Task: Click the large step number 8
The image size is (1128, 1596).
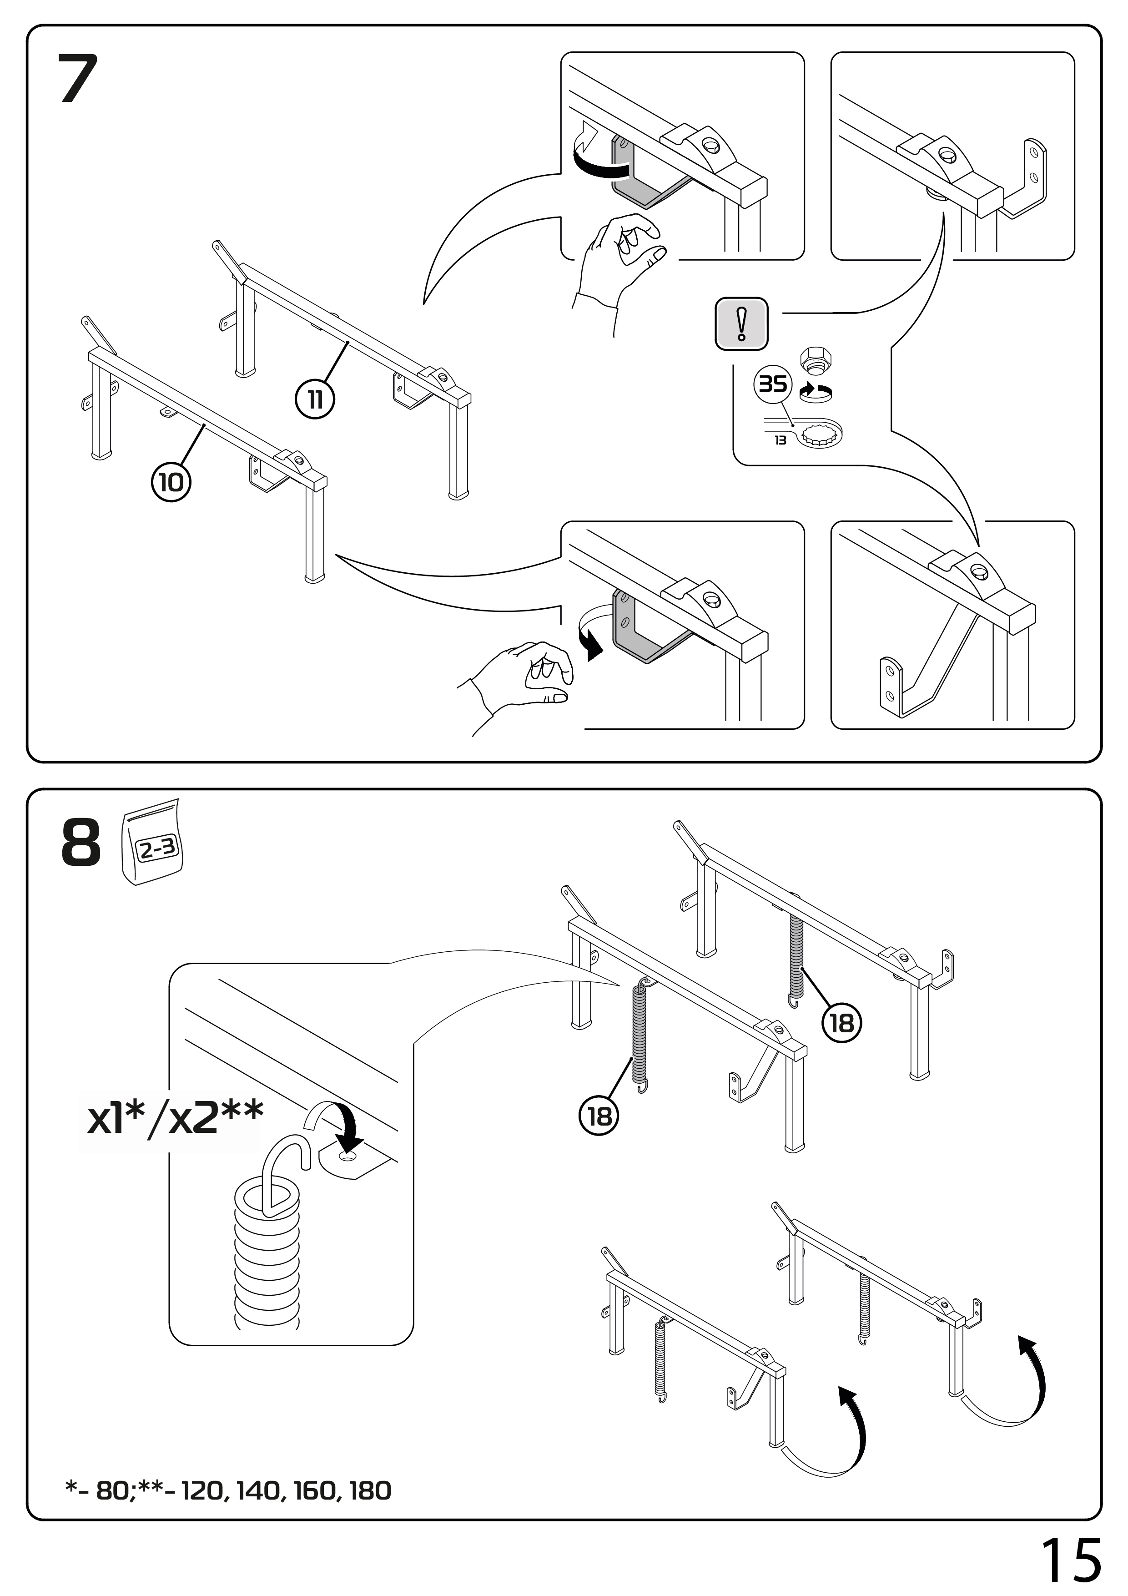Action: point(81,843)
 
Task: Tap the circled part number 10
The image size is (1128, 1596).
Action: point(171,482)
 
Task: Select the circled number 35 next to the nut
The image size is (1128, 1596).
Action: point(773,384)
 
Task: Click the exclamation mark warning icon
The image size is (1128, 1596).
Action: point(741,324)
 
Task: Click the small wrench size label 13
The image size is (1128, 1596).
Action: point(781,440)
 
